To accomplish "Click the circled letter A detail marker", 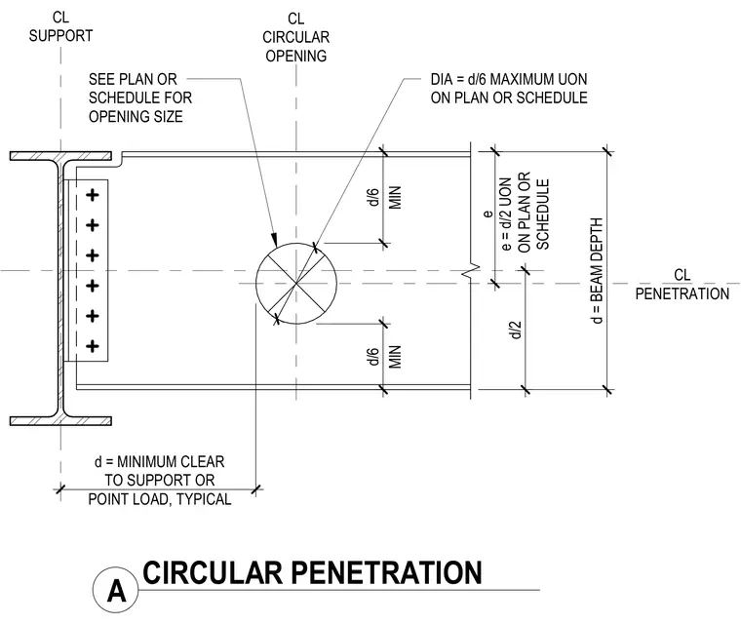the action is point(116,590).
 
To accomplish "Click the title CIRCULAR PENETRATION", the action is point(312,572).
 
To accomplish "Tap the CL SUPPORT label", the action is point(60,26).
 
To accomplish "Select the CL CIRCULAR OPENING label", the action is point(295,37).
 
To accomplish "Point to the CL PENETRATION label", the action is point(682,285).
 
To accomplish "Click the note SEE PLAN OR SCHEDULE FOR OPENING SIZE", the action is point(140,97).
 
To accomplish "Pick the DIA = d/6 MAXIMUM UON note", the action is point(509,89).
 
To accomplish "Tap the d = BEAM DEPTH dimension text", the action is point(597,271).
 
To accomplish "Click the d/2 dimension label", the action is point(516,330).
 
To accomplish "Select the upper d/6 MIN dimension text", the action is point(384,197).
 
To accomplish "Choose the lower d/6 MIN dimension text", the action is point(384,357).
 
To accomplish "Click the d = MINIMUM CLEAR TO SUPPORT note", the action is point(160,481).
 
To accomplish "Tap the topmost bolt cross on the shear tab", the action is point(93,195).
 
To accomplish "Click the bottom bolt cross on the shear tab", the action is point(93,346).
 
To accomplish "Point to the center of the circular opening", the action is point(296,284).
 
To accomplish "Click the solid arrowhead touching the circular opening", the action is point(274,239).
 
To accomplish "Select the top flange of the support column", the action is point(61,156).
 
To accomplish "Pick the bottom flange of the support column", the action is point(61,421).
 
